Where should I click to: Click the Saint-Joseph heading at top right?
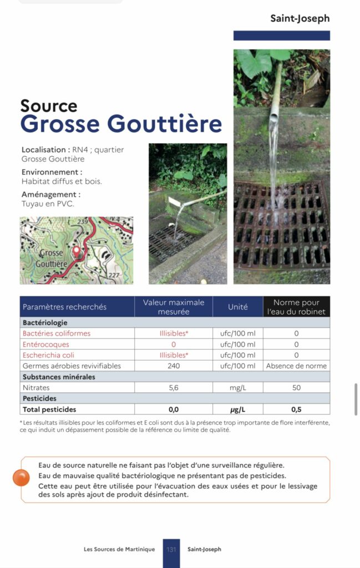300,18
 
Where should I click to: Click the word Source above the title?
49,105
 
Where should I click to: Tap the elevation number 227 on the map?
114,276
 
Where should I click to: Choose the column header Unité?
237,307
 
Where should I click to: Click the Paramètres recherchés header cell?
64,307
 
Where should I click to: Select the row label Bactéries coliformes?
57,333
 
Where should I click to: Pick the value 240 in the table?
174,366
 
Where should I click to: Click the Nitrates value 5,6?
174,388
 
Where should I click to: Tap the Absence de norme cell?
296,366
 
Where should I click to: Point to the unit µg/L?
237,409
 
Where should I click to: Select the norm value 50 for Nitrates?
296,388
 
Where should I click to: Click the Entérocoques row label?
46,344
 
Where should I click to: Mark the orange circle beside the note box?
21,478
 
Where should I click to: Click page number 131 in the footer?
171,549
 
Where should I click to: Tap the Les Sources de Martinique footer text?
119,549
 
